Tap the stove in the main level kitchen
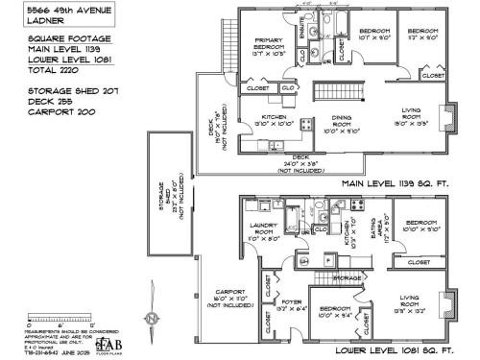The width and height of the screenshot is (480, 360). click(305, 124)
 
